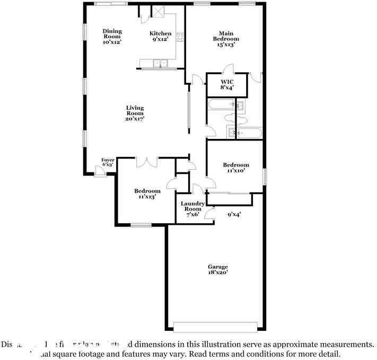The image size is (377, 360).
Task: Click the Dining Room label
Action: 112,37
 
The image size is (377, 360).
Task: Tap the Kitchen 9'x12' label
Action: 160,36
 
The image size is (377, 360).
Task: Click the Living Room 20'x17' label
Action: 135,113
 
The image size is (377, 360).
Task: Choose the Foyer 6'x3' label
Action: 108,162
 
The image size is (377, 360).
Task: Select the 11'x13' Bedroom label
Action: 147,194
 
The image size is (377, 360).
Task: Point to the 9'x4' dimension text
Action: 234,215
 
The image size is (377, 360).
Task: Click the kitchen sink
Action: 160,64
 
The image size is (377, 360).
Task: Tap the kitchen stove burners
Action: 180,37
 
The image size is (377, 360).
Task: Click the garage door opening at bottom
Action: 216,326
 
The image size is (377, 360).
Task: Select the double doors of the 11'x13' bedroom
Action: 146,162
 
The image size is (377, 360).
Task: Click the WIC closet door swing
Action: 228,69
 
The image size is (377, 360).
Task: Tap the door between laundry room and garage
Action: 211,214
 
